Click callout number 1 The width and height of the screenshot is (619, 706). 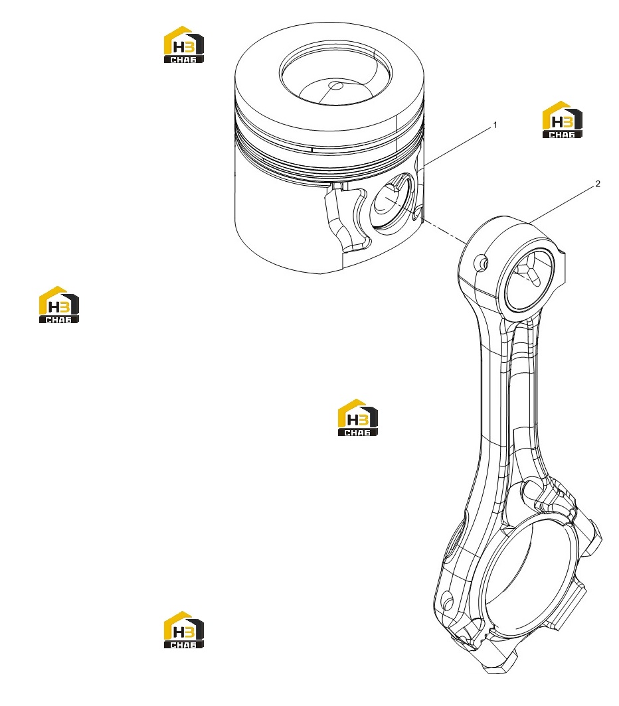pyautogui.click(x=495, y=125)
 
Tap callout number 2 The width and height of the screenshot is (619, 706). pyautogui.click(x=598, y=184)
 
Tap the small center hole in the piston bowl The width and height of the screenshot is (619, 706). pyautogui.click(x=335, y=86)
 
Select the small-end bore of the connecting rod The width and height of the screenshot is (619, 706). pyautogui.click(x=530, y=279)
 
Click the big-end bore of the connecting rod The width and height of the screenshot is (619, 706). pyautogui.click(x=530, y=579)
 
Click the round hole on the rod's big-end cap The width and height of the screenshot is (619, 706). pyautogui.click(x=447, y=600)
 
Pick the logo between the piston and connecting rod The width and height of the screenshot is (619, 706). pyautogui.click(x=357, y=417)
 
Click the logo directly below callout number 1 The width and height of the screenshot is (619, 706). pyautogui.click(x=562, y=119)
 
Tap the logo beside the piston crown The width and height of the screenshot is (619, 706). pyautogui.click(x=183, y=44)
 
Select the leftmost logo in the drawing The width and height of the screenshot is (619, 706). pyautogui.click(x=58, y=305)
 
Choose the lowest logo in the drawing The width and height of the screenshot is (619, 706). pyautogui.click(x=183, y=630)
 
